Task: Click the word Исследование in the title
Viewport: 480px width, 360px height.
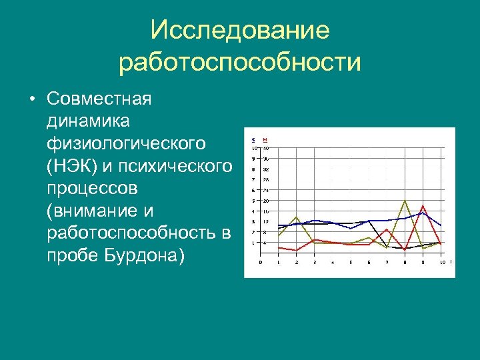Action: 240,30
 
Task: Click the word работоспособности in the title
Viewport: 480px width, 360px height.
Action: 240,63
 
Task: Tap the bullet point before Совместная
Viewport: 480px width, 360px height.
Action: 31,99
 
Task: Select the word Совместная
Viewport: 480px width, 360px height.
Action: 99,99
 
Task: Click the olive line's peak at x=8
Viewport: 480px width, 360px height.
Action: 405,200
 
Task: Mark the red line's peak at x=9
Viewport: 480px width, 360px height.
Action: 423,205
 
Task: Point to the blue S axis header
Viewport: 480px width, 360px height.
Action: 253,139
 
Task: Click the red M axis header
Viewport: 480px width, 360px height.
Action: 265,139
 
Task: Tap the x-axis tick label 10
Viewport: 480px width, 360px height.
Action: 441,262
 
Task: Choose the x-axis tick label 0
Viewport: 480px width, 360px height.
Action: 261,262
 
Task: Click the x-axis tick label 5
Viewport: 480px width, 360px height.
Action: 351,262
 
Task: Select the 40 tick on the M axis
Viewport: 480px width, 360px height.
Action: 265,148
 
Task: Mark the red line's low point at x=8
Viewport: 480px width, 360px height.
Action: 405,249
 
